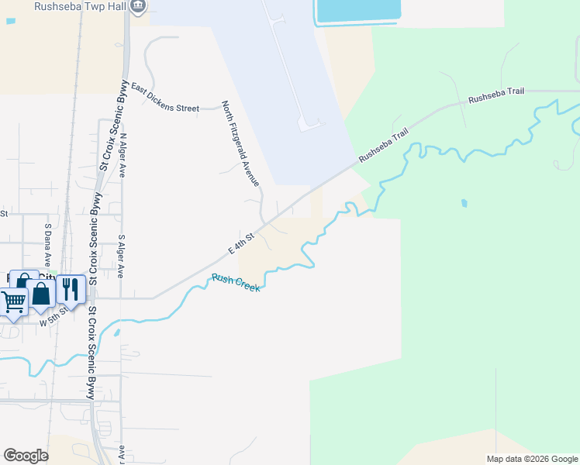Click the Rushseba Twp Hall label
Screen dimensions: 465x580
pyautogui.click(x=80, y=7)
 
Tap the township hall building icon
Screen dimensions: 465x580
pyautogui.click(x=138, y=6)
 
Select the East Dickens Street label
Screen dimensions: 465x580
pyautogui.click(x=164, y=98)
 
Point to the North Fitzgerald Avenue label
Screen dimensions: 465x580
pyautogui.click(x=240, y=144)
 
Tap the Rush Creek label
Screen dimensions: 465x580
pyautogui.click(x=236, y=283)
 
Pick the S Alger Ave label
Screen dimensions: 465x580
pyautogui.click(x=122, y=257)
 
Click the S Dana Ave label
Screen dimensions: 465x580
pyautogui.click(x=47, y=244)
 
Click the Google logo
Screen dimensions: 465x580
pyautogui.click(x=26, y=456)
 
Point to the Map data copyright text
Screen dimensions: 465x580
pyautogui.click(x=531, y=459)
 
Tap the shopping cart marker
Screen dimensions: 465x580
pyautogui.click(x=13, y=302)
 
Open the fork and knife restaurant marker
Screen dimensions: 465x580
pyautogui.click(x=71, y=290)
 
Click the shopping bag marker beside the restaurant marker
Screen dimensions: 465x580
pyautogui.click(x=41, y=294)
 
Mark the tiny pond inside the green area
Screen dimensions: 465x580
pyautogui.click(x=464, y=204)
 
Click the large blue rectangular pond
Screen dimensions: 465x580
pyautogui.click(x=358, y=10)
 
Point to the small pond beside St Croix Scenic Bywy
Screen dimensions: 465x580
pyautogui.click(x=116, y=333)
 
